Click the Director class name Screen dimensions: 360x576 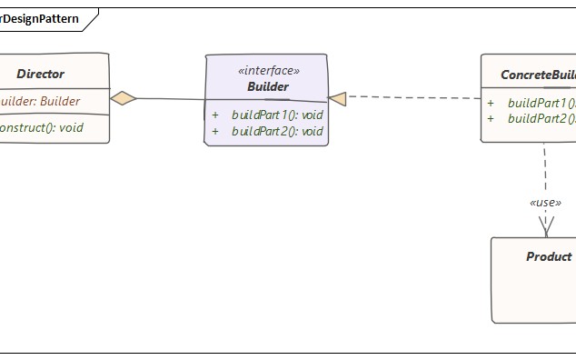pyautogui.click(x=41, y=74)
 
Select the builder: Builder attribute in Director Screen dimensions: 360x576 pyautogui.click(x=40, y=101)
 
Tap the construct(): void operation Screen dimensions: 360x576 pyautogui.click(x=41, y=127)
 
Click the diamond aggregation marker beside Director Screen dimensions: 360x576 pyautogui.click(x=124, y=98)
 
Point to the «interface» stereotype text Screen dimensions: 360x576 pyautogui.click(x=267, y=70)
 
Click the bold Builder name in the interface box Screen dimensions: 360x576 pyautogui.click(x=267, y=86)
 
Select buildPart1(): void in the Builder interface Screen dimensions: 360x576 pyautogui.click(x=277, y=115)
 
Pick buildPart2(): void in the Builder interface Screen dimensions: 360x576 pyautogui.click(x=277, y=131)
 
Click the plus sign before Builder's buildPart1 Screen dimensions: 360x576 pyautogui.click(x=215, y=115)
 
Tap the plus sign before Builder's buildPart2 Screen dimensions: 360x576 pyautogui.click(x=215, y=131)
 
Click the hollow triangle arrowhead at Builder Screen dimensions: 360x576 pyautogui.click(x=337, y=98)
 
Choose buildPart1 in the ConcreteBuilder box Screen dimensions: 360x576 pyautogui.click(x=541, y=103)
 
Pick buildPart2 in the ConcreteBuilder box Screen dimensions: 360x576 pyautogui.click(x=541, y=119)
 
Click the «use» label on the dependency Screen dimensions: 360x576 pyautogui.click(x=545, y=202)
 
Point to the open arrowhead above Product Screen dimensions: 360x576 pyautogui.click(x=546, y=227)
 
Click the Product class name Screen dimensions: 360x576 pyautogui.click(x=549, y=256)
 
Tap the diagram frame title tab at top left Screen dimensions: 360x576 pyautogui.click(x=41, y=18)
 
